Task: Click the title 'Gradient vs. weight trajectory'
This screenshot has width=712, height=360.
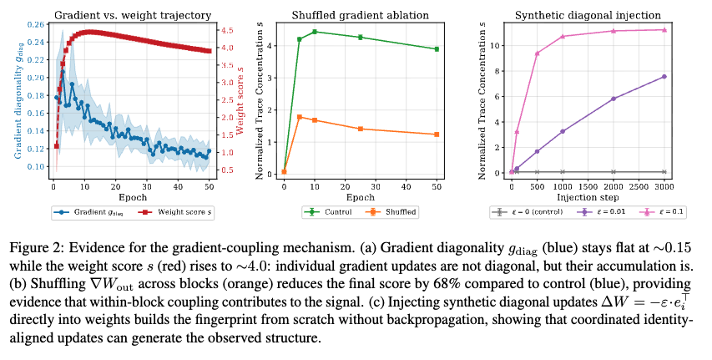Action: tap(133, 16)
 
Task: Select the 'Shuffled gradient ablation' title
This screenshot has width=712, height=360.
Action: tap(360, 16)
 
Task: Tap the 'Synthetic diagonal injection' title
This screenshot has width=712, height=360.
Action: tap(588, 16)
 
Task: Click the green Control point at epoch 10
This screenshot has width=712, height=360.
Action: tap(314, 32)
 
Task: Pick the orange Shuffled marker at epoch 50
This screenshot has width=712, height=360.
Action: tap(437, 134)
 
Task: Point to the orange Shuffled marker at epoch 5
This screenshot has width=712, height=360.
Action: tap(299, 117)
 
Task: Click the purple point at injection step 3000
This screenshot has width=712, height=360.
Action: tap(664, 76)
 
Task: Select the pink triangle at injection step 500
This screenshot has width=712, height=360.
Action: tap(538, 53)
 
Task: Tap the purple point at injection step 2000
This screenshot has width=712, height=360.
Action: tap(614, 99)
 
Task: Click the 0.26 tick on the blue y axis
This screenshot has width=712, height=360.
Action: tap(39, 24)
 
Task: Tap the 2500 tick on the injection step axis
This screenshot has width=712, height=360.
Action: tap(639, 186)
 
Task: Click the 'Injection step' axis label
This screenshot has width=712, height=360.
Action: tap(588, 197)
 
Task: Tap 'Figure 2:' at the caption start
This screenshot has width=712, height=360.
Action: tap(32, 248)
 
